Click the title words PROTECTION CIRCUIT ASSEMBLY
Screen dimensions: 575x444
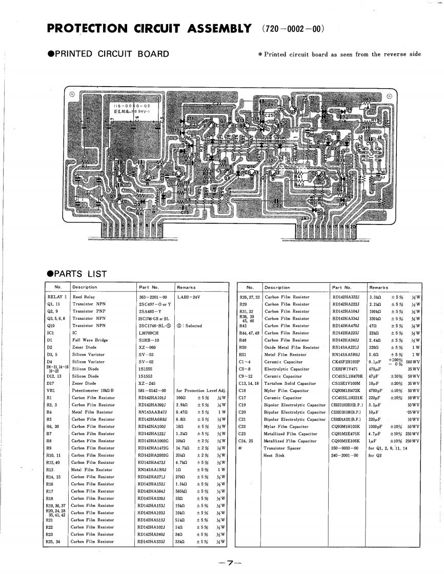tap(149, 28)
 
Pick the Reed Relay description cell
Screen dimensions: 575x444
tap(84, 297)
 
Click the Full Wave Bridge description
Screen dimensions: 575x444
tap(90, 340)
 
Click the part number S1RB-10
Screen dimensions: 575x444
tap(148, 340)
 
